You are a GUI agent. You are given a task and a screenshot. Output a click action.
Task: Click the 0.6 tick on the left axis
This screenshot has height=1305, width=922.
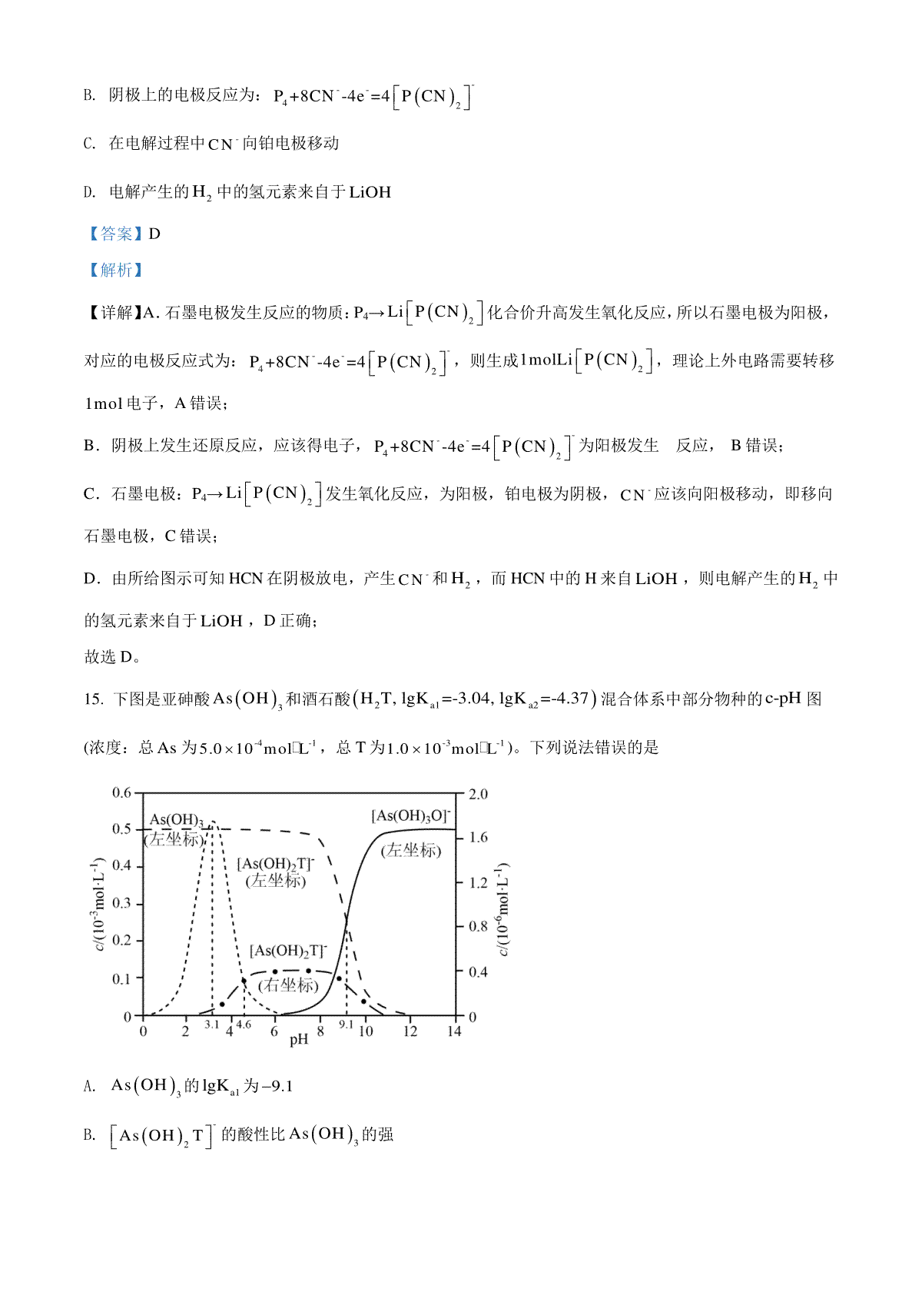122,792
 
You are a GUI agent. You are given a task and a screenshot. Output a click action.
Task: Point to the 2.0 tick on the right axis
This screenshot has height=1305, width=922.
478,794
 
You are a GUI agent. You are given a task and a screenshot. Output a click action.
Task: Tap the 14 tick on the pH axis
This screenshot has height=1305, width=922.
454,1031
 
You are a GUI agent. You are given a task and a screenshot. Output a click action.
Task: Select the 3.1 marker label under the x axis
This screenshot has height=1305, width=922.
212,1024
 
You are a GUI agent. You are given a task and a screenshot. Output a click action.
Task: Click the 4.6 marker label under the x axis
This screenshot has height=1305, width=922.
244,1024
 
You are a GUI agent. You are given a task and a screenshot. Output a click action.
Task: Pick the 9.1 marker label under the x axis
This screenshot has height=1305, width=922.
347,1024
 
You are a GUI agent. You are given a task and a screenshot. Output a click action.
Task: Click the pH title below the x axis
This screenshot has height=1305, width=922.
298,1040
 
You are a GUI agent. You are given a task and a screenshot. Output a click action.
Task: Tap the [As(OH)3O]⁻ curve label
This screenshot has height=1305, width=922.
411,816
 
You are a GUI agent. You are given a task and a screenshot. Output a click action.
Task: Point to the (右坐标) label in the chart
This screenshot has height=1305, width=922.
288,985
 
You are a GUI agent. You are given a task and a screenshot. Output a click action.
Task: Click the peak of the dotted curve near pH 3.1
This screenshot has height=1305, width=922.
213,822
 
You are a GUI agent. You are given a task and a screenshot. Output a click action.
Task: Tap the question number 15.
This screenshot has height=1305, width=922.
92,699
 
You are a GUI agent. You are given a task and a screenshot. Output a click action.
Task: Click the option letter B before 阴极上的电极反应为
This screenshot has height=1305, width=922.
89,95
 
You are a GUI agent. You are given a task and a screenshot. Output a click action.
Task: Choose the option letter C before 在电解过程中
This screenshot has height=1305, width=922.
89,144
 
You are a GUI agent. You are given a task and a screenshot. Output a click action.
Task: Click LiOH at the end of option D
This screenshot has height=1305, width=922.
370,192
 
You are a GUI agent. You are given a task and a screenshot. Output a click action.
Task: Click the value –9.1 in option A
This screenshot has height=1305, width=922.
277,1086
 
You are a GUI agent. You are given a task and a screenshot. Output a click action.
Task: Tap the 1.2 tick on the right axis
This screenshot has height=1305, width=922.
478,882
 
